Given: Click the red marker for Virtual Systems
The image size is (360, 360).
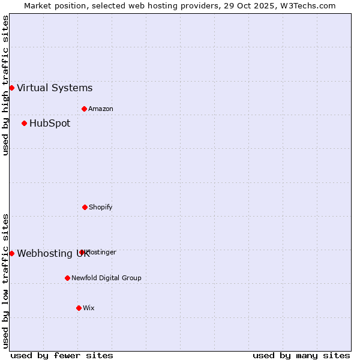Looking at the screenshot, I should tap(11, 88).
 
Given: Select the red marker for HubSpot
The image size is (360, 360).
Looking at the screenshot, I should tap(24, 123).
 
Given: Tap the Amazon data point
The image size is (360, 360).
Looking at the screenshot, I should tap(84, 109).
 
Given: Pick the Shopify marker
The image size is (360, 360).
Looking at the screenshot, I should tap(85, 207).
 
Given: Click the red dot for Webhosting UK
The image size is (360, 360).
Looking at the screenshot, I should tap(11, 253).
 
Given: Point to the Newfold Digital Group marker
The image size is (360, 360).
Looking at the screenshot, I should tap(67, 278).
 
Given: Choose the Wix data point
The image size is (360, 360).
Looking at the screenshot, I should tap(79, 308).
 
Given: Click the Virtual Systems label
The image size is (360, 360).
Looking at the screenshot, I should tap(55, 88).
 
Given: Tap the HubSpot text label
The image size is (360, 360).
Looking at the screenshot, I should tap(50, 123).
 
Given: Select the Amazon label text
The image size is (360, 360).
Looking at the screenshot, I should tap(101, 109).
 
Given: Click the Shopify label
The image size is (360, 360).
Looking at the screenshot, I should tap(101, 207).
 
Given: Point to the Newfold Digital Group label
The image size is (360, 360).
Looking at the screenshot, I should tap(106, 278).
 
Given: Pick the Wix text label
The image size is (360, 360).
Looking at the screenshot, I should tap(89, 308).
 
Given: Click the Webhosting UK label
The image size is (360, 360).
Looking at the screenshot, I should tap(53, 253).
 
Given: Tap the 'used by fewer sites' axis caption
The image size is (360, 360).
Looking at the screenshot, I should tap(62, 355).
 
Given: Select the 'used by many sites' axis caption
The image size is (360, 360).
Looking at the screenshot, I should tap(301, 355).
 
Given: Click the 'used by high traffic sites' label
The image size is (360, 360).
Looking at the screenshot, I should tap(5, 85).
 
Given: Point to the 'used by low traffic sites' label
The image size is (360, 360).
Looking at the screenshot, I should tap(5, 280).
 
